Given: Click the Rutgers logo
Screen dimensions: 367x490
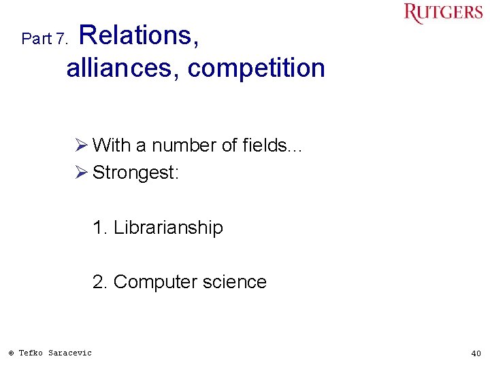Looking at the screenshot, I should pyautogui.click(x=442, y=14).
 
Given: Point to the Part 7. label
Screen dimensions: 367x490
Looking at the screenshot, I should pyautogui.click(x=45, y=39).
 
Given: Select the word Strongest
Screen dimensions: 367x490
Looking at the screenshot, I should pyautogui.click(x=135, y=173).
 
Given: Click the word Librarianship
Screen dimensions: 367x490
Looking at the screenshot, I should pyautogui.click(x=168, y=228).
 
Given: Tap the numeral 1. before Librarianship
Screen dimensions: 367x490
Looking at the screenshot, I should pyautogui.click(x=101, y=228).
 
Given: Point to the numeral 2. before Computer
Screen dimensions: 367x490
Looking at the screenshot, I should pyautogui.click(x=101, y=282).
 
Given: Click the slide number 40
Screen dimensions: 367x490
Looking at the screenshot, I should pyautogui.click(x=475, y=353).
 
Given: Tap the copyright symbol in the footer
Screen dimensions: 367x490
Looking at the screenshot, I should pyautogui.click(x=11, y=353).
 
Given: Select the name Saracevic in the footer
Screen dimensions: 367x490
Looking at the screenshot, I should pyautogui.click(x=70, y=353).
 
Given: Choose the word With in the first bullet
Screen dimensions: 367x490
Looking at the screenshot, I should pyautogui.click(x=112, y=145).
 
